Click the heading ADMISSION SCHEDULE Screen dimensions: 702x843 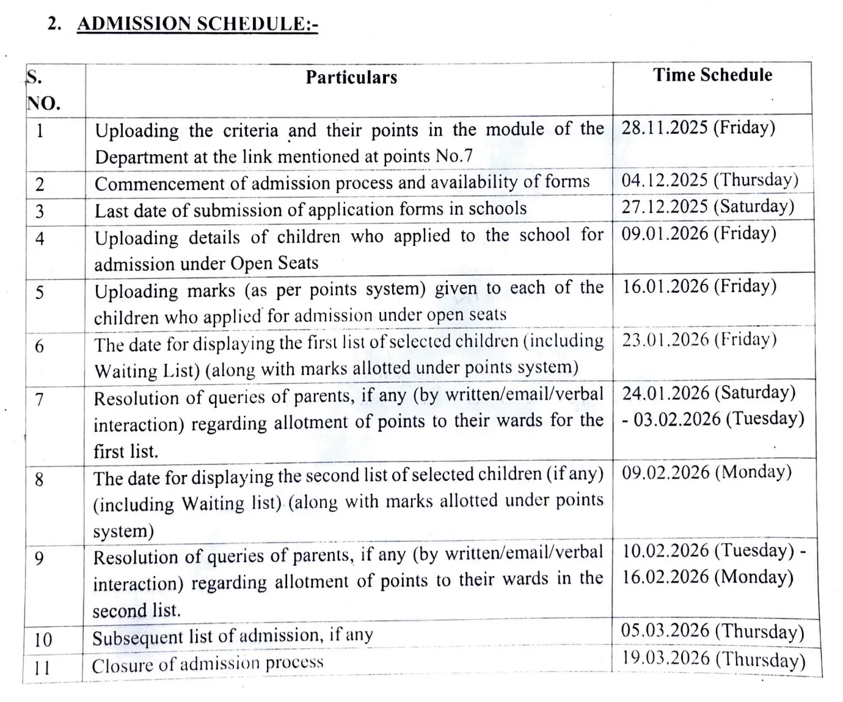197,24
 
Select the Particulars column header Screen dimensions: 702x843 351,78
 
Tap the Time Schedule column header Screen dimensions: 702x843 712,75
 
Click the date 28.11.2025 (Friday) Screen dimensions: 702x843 698,128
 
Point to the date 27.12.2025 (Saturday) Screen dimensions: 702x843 708,206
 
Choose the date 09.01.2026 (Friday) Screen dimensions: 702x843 699,233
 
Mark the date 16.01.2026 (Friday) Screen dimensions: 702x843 699,286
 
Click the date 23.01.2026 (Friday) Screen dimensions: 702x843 699,339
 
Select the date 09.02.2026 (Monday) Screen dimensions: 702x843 707,472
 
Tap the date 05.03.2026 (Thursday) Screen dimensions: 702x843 712,631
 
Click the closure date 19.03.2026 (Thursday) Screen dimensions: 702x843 713,659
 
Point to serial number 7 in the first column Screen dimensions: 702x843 39,400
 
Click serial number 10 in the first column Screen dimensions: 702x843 43,640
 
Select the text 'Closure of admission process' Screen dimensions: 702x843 208,664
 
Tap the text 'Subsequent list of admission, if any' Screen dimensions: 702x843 232,637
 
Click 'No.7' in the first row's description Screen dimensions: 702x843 454,156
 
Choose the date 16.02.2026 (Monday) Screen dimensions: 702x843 707,577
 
